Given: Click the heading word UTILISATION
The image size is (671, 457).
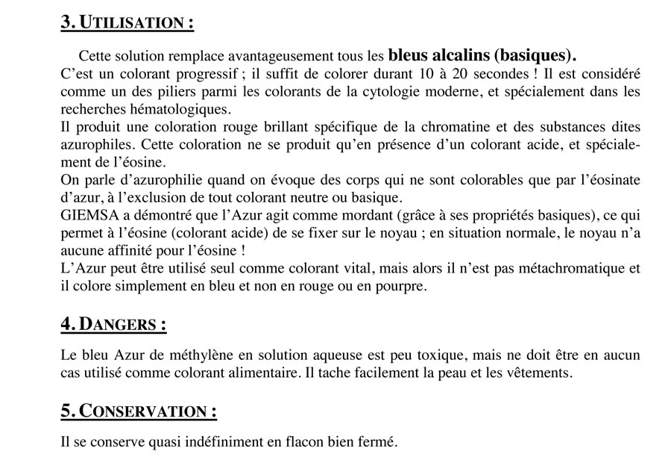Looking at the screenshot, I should [x=136, y=22].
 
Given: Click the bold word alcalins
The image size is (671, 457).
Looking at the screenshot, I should [x=460, y=56].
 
